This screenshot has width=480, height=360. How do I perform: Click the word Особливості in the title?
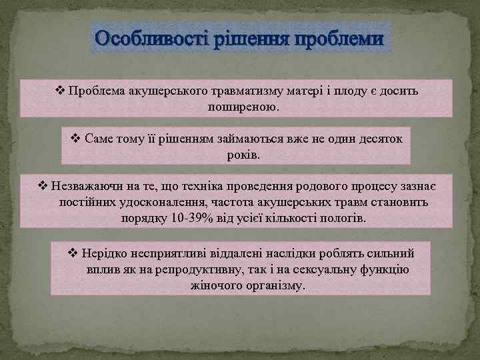coord(151,39)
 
